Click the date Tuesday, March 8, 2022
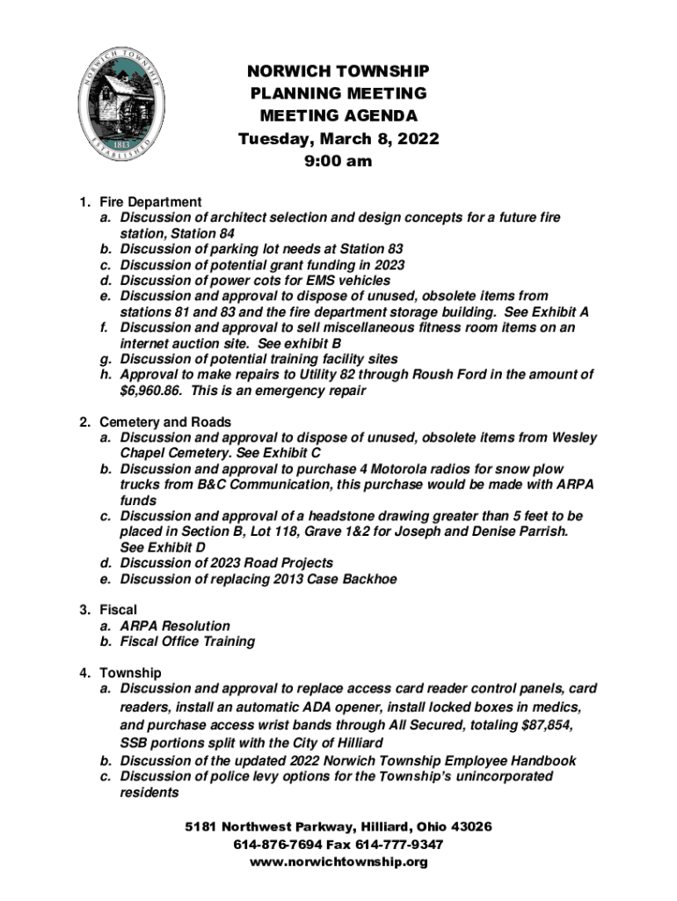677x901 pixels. (338, 139)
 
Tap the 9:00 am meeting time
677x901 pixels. (338, 161)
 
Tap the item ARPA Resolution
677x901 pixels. (175, 626)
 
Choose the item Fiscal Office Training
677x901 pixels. (187, 641)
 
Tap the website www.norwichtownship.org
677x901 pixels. (338, 862)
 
